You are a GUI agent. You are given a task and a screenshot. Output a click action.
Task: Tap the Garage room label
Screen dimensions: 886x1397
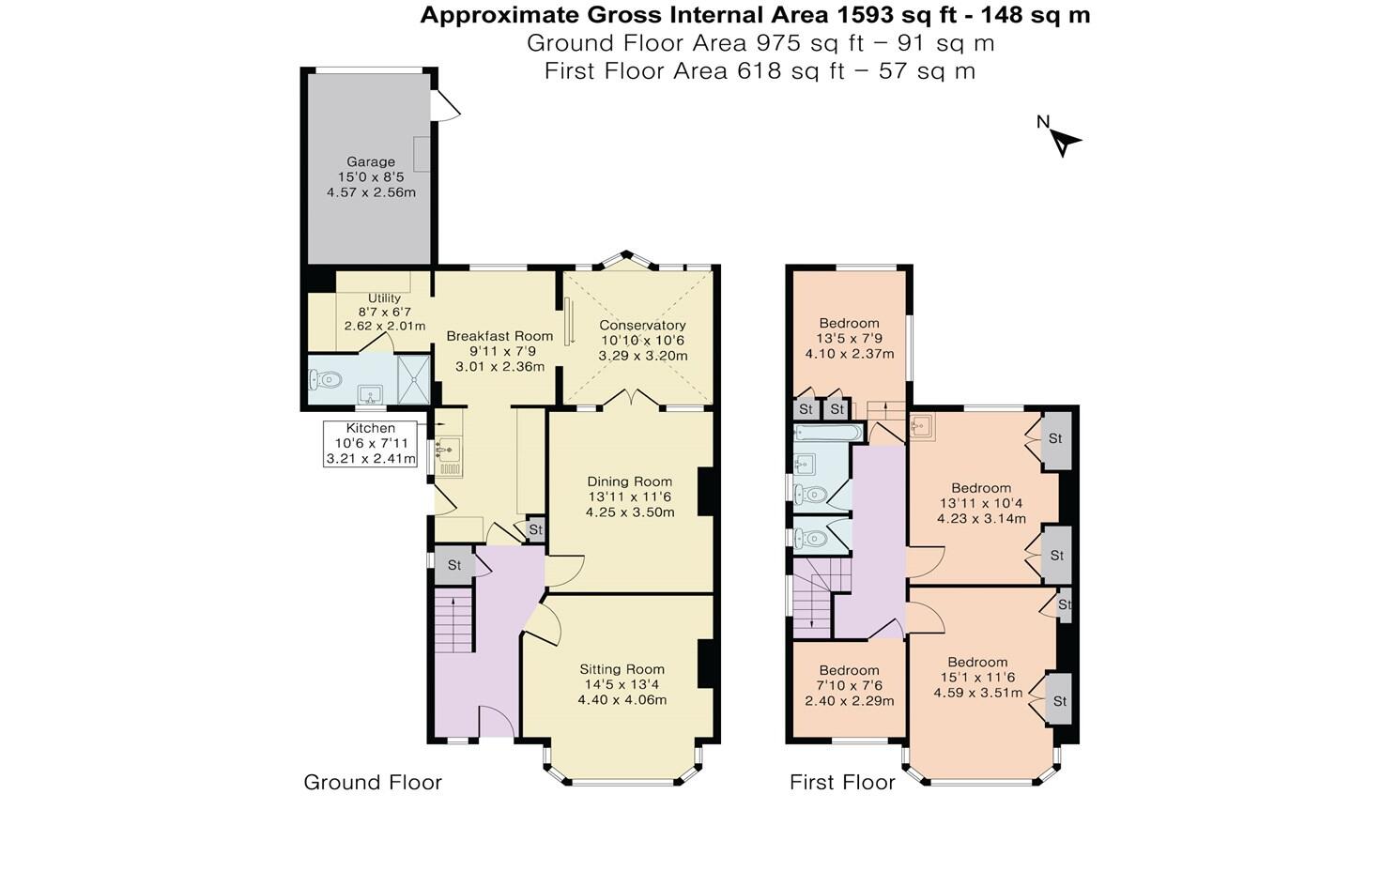(371, 161)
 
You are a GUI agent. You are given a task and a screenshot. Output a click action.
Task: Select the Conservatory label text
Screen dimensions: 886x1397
(642, 325)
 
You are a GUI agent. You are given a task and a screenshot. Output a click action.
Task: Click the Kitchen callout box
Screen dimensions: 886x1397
(370, 443)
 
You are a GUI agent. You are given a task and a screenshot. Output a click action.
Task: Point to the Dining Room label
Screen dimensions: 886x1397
(629, 481)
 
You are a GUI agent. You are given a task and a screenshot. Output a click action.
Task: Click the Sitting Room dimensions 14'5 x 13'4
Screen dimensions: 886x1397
(622, 684)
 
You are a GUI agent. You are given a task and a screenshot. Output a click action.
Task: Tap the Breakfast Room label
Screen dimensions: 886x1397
(499, 335)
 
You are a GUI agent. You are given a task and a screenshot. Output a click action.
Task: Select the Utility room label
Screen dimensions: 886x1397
(384, 298)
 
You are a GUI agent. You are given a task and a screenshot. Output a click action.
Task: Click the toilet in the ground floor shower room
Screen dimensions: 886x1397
(325, 380)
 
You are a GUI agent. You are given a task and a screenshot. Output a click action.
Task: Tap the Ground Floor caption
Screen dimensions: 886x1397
(372, 782)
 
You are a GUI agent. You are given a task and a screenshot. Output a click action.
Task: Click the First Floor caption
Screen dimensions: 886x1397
(842, 782)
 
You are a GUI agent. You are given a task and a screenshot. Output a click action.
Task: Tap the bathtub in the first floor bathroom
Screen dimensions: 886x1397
(828, 433)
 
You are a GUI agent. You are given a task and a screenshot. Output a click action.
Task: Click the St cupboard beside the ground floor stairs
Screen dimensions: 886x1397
(454, 565)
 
